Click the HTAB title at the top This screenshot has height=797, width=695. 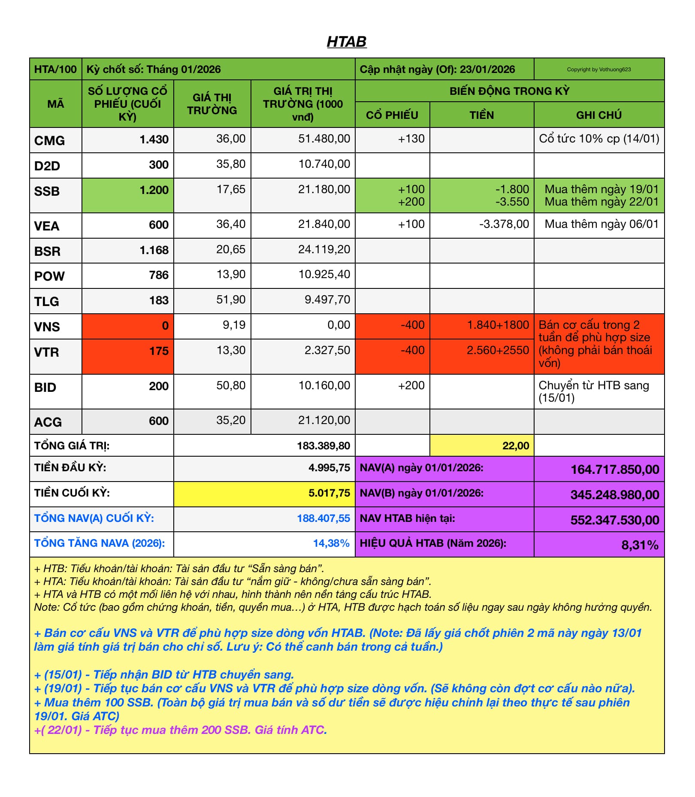click(347, 42)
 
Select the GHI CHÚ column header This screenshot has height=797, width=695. click(598, 115)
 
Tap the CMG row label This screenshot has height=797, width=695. click(50, 140)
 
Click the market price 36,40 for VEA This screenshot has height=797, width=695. click(231, 224)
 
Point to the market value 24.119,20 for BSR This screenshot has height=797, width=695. click(324, 249)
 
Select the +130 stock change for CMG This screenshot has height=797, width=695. click(411, 139)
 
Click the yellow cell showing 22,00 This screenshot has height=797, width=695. click(516, 445)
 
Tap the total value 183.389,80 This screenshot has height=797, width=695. click(323, 445)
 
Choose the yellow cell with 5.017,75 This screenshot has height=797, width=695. click(329, 493)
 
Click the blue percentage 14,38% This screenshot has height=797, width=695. click(331, 543)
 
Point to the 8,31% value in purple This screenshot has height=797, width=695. click(640, 545)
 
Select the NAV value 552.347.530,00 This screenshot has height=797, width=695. click(614, 520)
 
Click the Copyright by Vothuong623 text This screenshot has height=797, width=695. click(598, 70)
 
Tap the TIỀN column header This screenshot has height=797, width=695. click(481, 115)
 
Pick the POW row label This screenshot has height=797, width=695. click(50, 276)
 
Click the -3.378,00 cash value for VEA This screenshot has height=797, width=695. click(504, 224)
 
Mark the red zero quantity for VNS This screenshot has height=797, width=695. click(165, 326)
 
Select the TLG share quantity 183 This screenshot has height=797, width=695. click(159, 300)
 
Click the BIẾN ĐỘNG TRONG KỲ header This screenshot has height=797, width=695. click(509, 91)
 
